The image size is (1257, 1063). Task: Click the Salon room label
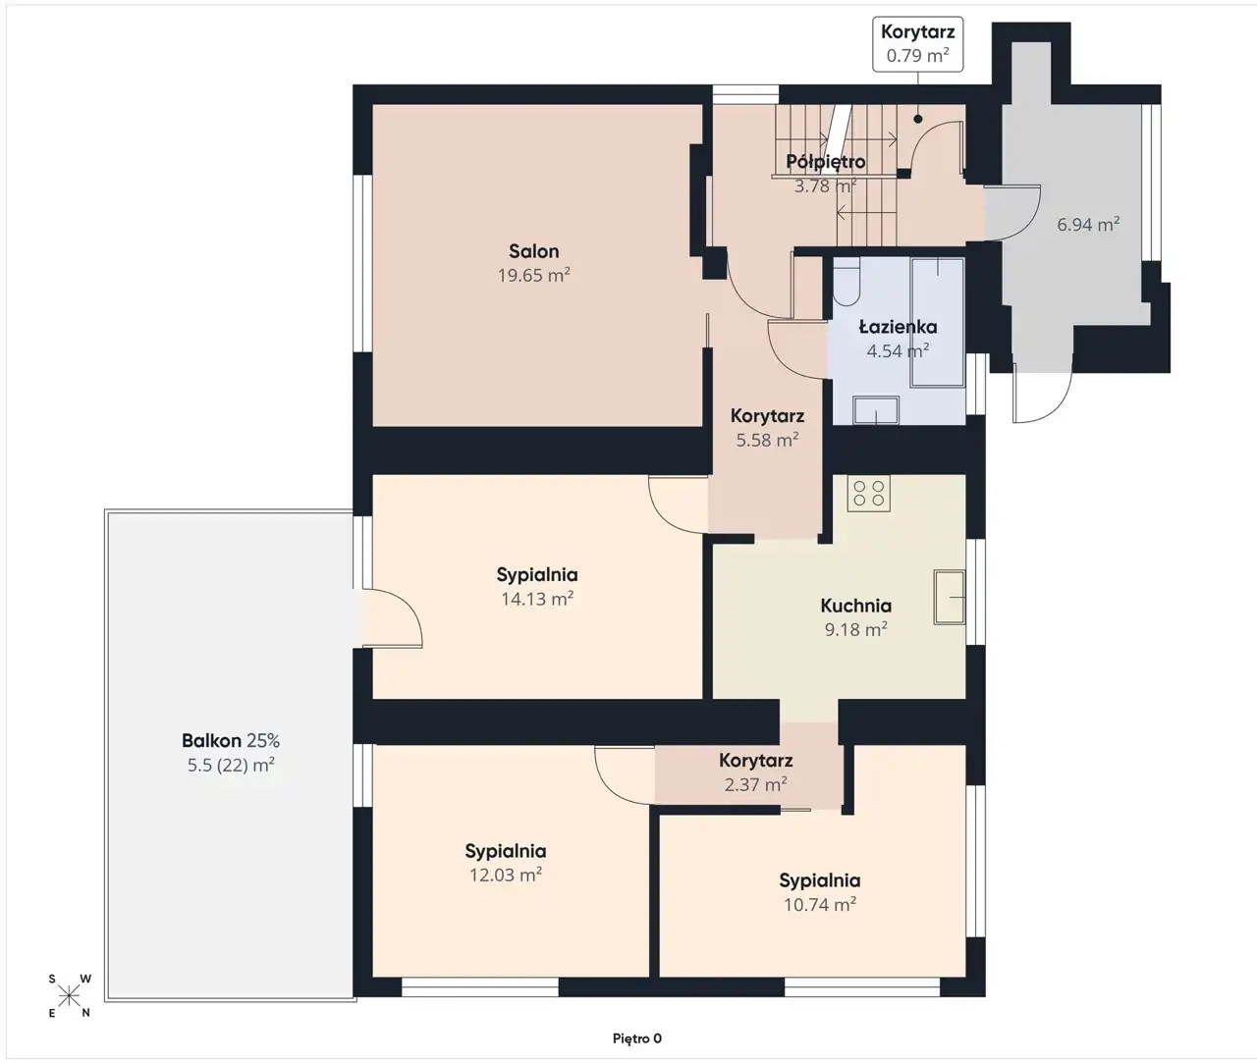533,251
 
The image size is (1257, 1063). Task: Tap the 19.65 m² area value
533,276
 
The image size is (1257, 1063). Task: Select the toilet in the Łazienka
846,282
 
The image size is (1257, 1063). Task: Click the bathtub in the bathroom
937,323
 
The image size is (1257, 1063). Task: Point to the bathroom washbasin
876,409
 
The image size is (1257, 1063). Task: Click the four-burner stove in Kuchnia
868,493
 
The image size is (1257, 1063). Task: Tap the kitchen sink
950,598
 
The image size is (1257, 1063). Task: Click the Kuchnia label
855,606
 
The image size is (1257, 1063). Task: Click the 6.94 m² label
1088,225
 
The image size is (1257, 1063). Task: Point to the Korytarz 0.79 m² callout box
917,44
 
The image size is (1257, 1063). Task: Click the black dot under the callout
917,120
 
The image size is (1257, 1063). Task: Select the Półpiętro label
825,162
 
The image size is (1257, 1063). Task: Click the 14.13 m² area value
537,600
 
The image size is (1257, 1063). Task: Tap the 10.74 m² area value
820,905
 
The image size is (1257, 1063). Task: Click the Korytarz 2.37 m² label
755,772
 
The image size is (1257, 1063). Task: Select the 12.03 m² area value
506,876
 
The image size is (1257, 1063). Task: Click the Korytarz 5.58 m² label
767,428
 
